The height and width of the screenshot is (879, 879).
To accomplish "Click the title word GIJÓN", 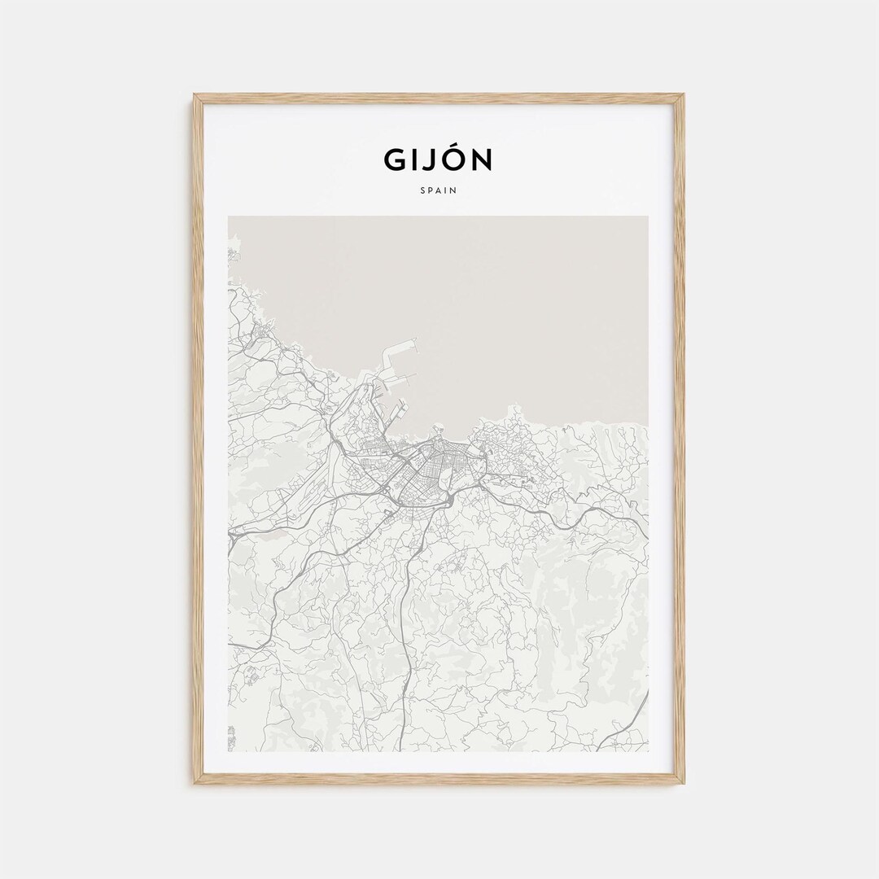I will tap(438, 160).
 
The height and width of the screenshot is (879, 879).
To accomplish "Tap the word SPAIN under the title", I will tap(439, 191).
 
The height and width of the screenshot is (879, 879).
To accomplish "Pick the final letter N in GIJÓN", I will tap(483, 160).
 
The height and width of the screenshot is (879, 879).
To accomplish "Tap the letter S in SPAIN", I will tap(422, 191).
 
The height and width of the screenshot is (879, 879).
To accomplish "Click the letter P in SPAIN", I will tap(431, 191).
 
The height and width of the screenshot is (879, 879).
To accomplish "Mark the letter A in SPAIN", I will tap(439, 191).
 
